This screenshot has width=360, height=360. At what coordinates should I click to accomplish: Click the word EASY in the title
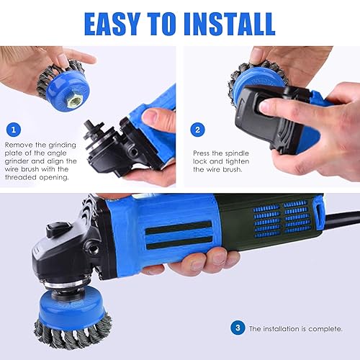click(112, 24)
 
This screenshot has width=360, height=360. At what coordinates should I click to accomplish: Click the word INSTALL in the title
click(229, 24)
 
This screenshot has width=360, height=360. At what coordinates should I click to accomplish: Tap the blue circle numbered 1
click(14, 130)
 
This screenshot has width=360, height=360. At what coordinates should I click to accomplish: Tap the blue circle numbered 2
click(198, 130)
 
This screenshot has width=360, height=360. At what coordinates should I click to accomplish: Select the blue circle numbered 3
click(238, 328)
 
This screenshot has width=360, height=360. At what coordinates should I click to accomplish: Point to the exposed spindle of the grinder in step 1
click(92, 132)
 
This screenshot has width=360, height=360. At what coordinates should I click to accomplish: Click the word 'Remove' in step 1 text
click(19, 145)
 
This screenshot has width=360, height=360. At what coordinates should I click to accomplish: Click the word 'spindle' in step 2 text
click(237, 153)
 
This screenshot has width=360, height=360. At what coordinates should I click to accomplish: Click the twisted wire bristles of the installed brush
click(72, 333)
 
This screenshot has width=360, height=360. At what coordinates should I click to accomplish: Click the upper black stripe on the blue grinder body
click(179, 228)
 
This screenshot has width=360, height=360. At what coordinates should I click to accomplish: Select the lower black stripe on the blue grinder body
click(179, 243)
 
